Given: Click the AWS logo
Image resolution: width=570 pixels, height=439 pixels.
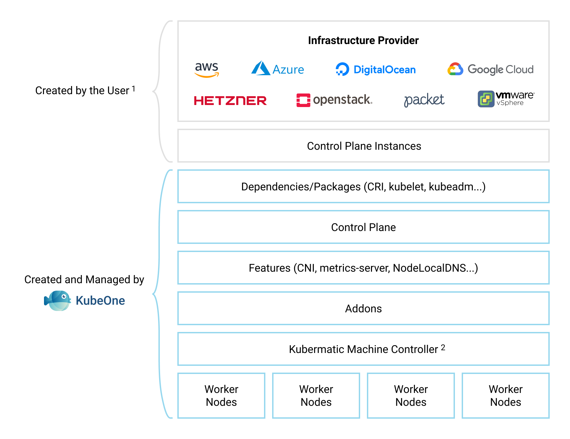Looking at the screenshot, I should [x=207, y=69].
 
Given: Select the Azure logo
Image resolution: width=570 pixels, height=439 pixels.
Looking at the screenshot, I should [x=278, y=69].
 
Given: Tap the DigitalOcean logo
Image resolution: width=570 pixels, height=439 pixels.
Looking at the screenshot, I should [x=376, y=69].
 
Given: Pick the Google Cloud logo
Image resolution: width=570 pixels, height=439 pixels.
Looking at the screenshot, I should [x=490, y=69].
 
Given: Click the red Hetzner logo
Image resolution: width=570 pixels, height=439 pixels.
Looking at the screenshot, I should [x=230, y=101].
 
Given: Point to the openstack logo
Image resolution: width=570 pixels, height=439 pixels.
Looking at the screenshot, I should [x=334, y=100].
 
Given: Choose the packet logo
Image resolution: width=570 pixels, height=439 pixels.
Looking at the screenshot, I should [x=424, y=100].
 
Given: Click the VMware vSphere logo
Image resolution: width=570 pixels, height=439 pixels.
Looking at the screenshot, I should [x=506, y=99].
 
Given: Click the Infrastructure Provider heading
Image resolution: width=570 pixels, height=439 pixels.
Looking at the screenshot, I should [x=363, y=41].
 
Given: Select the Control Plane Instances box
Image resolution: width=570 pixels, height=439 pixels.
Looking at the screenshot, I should [x=364, y=146].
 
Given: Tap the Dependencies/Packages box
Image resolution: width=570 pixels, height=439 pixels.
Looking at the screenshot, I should [x=364, y=187].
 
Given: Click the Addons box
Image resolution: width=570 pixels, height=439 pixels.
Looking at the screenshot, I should [x=364, y=309].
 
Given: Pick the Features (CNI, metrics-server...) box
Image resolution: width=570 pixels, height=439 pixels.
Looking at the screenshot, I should [x=364, y=268].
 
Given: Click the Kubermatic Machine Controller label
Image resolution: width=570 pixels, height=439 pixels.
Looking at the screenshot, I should [x=364, y=349].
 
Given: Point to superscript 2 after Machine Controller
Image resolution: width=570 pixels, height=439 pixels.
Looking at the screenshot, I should [x=443, y=347].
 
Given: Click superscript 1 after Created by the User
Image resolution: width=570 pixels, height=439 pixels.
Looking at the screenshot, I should [x=134, y=88].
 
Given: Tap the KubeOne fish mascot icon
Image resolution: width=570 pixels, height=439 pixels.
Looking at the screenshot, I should [x=58, y=300].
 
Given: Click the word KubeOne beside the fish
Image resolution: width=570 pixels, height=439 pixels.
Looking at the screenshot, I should [x=100, y=301].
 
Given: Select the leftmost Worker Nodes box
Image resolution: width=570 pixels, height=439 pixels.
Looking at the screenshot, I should [x=221, y=396].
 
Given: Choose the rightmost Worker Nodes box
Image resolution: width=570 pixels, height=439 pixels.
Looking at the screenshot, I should [x=506, y=396].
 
